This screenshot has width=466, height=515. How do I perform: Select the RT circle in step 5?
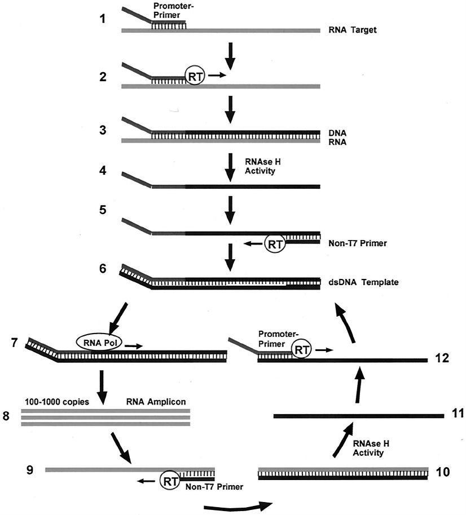click(x=277, y=244)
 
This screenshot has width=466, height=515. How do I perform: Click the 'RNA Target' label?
click(x=352, y=30)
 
